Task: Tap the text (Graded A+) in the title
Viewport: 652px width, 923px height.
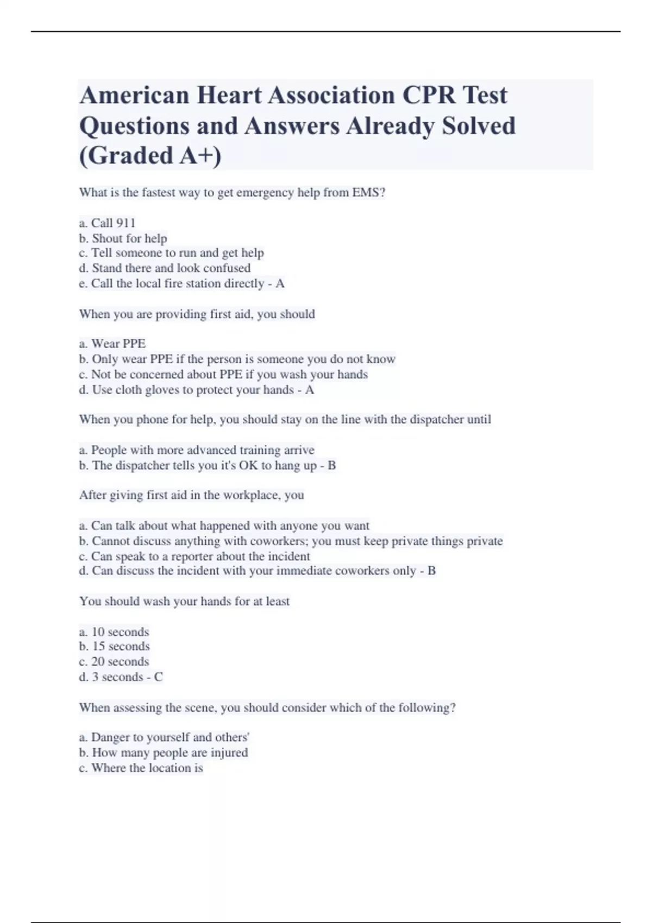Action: (x=151, y=155)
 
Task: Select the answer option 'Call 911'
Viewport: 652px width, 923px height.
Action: (x=108, y=223)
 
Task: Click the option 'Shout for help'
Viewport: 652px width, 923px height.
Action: (x=123, y=238)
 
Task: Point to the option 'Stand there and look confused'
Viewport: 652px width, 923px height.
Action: (x=165, y=268)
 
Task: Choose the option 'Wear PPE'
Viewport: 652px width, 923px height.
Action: (x=112, y=344)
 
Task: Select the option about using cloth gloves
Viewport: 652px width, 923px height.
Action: (x=196, y=390)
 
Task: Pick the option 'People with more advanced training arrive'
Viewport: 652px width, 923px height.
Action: (x=197, y=450)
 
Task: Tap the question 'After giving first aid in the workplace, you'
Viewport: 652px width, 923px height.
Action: (x=191, y=495)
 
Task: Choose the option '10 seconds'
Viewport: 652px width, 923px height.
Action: (x=114, y=632)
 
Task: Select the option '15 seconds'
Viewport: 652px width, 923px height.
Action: (x=115, y=647)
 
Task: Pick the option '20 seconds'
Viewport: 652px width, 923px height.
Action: (x=114, y=662)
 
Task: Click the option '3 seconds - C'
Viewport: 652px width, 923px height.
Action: (x=121, y=677)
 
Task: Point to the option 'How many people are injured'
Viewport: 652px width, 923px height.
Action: (x=164, y=753)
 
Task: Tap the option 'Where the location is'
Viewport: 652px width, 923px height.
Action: (x=141, y=768)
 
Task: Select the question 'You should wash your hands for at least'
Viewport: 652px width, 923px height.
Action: (x=184, y=602)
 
